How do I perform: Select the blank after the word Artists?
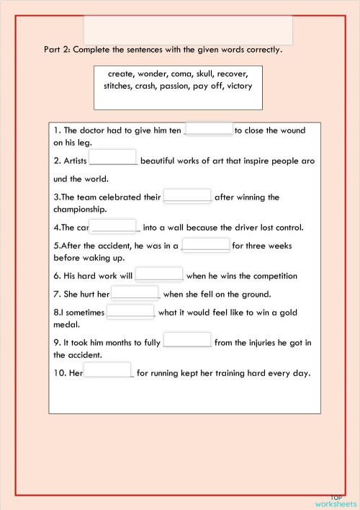click(113, 158)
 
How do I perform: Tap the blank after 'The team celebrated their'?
click(187, 195)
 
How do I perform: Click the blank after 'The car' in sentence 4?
click(113, 226)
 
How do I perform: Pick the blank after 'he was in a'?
click(205, 244)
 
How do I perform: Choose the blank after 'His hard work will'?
click(159, 274)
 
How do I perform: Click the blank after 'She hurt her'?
click(135, 292)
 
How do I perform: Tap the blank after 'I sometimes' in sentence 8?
click(130, 311)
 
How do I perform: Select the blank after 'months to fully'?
click(187, 341)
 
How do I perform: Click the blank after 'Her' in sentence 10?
click(107, 371)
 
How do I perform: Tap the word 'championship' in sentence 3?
click(80, 210)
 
